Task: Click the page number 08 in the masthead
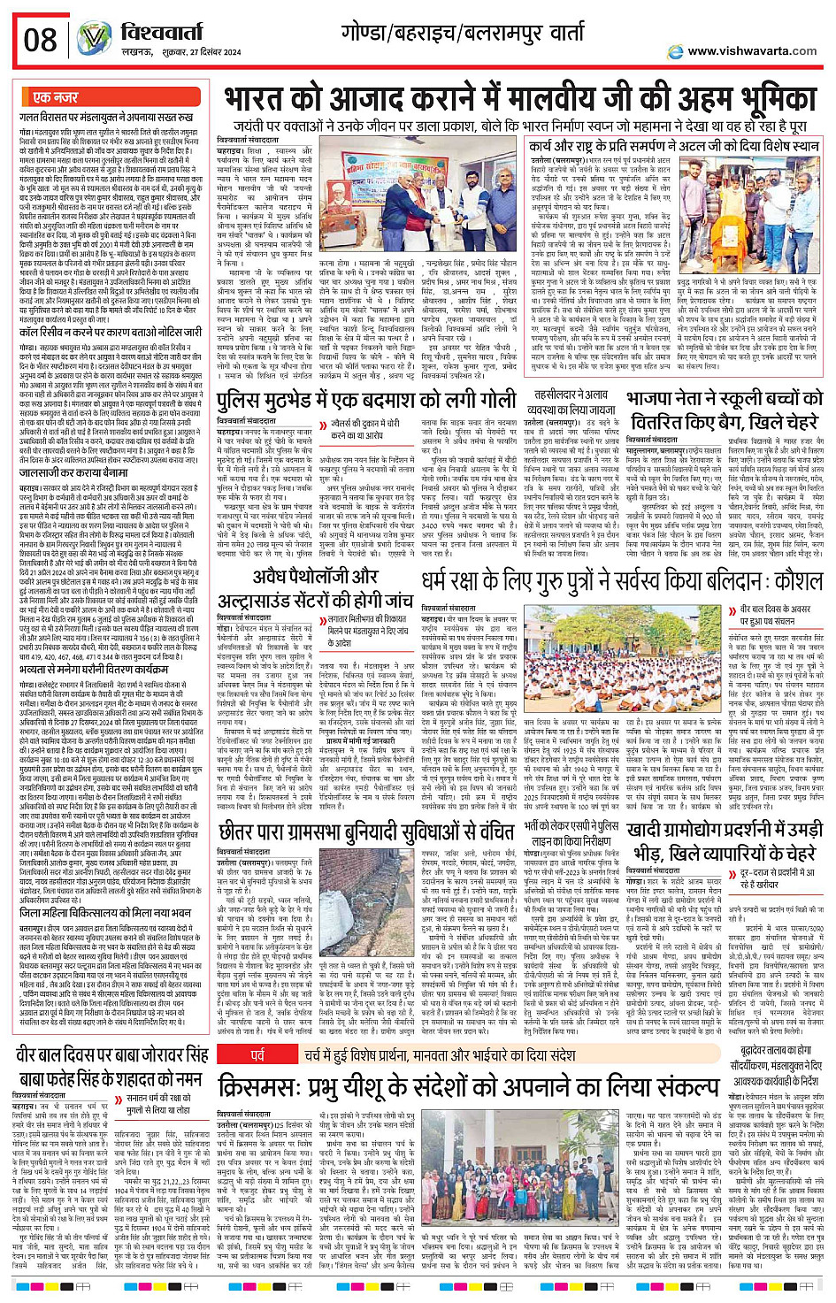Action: click(x=40, y=40)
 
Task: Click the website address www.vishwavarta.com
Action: click(x=752, y=51)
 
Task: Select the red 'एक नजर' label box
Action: click(x=55, y=97)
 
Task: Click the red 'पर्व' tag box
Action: click(x=258, y=1055)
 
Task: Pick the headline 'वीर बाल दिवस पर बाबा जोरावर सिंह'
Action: click(x=113, y=1067)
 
